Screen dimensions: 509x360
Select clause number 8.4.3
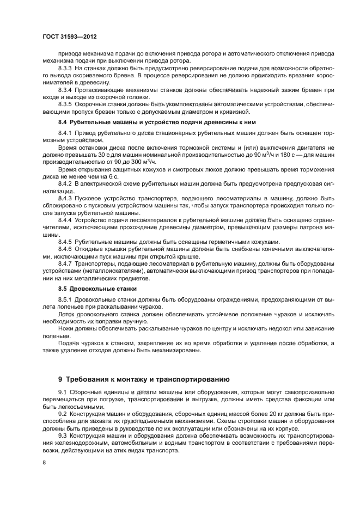pos(65,199)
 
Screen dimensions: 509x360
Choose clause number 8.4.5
pos(65,241)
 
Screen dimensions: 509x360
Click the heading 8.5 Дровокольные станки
pos(97,288)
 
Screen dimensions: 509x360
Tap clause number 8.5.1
pos(65,299)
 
